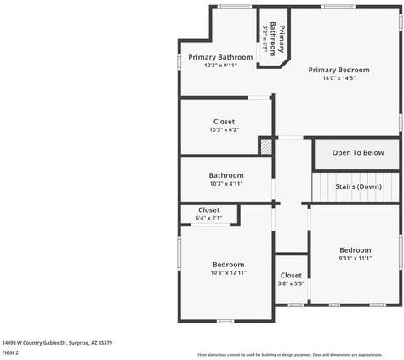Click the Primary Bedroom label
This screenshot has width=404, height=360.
tap(339, 70)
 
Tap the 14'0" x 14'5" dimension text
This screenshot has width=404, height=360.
tap(339, 79)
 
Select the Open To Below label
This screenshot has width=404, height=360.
tap(357, 153)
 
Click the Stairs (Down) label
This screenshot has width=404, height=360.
tap(358, 186)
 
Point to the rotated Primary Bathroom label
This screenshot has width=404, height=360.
tap(278, 38)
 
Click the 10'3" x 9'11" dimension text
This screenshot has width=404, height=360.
tap(220, 66)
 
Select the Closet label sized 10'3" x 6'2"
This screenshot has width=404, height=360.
tap(225, 122)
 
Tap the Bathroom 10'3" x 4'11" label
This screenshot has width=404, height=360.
tap(226, 175)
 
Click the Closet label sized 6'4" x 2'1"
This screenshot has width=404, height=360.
tap(208, 209)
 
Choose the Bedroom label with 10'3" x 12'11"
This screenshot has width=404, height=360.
tap(228, 265)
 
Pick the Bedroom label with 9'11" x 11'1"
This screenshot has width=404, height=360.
tap(355, 250)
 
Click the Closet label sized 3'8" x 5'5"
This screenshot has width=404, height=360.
tap(291, 275)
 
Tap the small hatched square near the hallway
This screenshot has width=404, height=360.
tap(267, 146)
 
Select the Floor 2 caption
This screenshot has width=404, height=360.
tap(11, 352)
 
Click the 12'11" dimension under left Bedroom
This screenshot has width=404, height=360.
tap(228, 273)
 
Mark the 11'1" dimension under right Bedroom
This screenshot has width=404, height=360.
tap(355, 259)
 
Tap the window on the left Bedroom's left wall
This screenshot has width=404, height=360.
tap(179, 253)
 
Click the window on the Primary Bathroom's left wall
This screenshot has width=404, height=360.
tap(179, 65)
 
